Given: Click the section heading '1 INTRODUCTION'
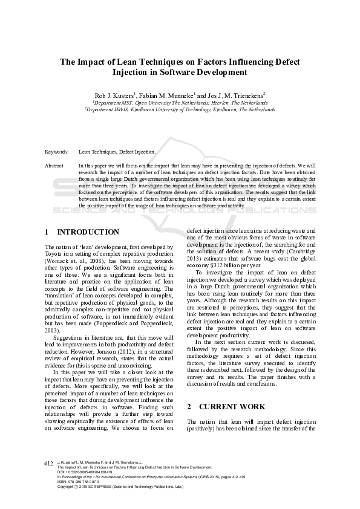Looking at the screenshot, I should [x=82, y=232].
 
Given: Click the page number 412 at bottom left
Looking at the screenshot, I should [x=49, y=463].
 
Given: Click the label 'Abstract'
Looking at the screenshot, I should [x=54, y=165].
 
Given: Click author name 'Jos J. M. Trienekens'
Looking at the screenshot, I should [x=237, y=96].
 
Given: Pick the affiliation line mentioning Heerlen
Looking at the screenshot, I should [x=180, y=103].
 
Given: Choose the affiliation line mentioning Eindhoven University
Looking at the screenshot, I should [x=180, y=109].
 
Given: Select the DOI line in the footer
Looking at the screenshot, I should [x=88, y=472].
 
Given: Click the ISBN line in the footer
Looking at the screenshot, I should [x=79, y=482].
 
